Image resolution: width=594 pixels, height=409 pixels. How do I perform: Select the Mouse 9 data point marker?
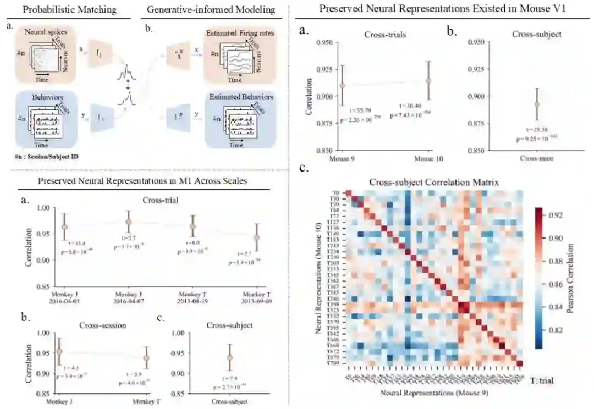pyautogui.click(x=342, y=85)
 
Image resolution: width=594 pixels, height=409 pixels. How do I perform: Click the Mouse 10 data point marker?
pyautogui.click(x=428, y=81)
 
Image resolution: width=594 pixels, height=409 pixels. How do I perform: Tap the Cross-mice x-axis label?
pyautogui.click(x=536, y=158)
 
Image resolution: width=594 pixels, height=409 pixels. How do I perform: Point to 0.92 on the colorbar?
pyautogui.click(x=557, y=215)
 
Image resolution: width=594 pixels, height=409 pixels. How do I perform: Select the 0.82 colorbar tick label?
pyautogui.click(x=557, y=329)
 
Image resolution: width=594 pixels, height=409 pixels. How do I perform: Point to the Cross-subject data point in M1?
pyautogui.click(x=230, y=357)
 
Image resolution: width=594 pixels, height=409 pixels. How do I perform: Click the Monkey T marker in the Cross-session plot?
pyautogui.click(x=146, y=358)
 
